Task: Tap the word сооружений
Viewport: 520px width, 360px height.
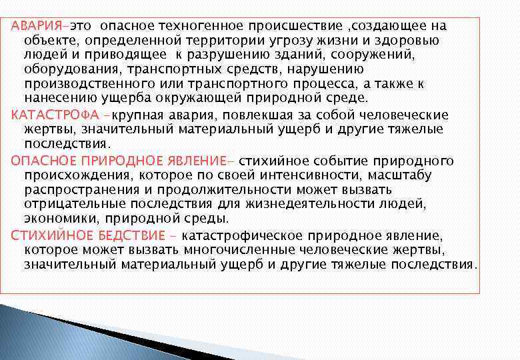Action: coord(376,55)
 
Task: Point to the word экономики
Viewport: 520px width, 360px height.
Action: coord(58,219)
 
